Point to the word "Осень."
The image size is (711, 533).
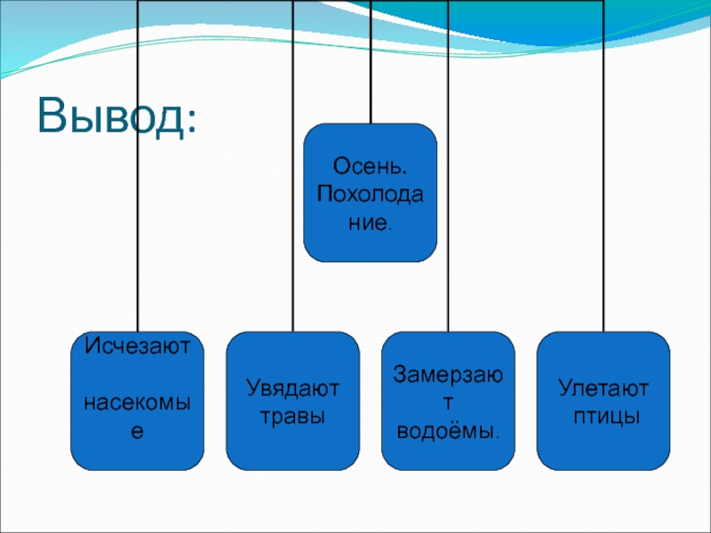(371, 166)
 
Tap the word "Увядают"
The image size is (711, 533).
(292, 388)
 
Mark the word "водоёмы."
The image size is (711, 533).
(447, 431)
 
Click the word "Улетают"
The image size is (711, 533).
(603, 388)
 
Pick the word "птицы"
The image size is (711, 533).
(603, 415)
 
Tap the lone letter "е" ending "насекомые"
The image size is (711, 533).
(137, 433)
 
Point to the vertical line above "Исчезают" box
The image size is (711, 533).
(137, 178)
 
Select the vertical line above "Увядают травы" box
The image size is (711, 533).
(292, 178)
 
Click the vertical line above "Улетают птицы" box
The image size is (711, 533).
(603, 178)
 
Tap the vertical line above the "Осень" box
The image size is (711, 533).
(370, 62)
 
